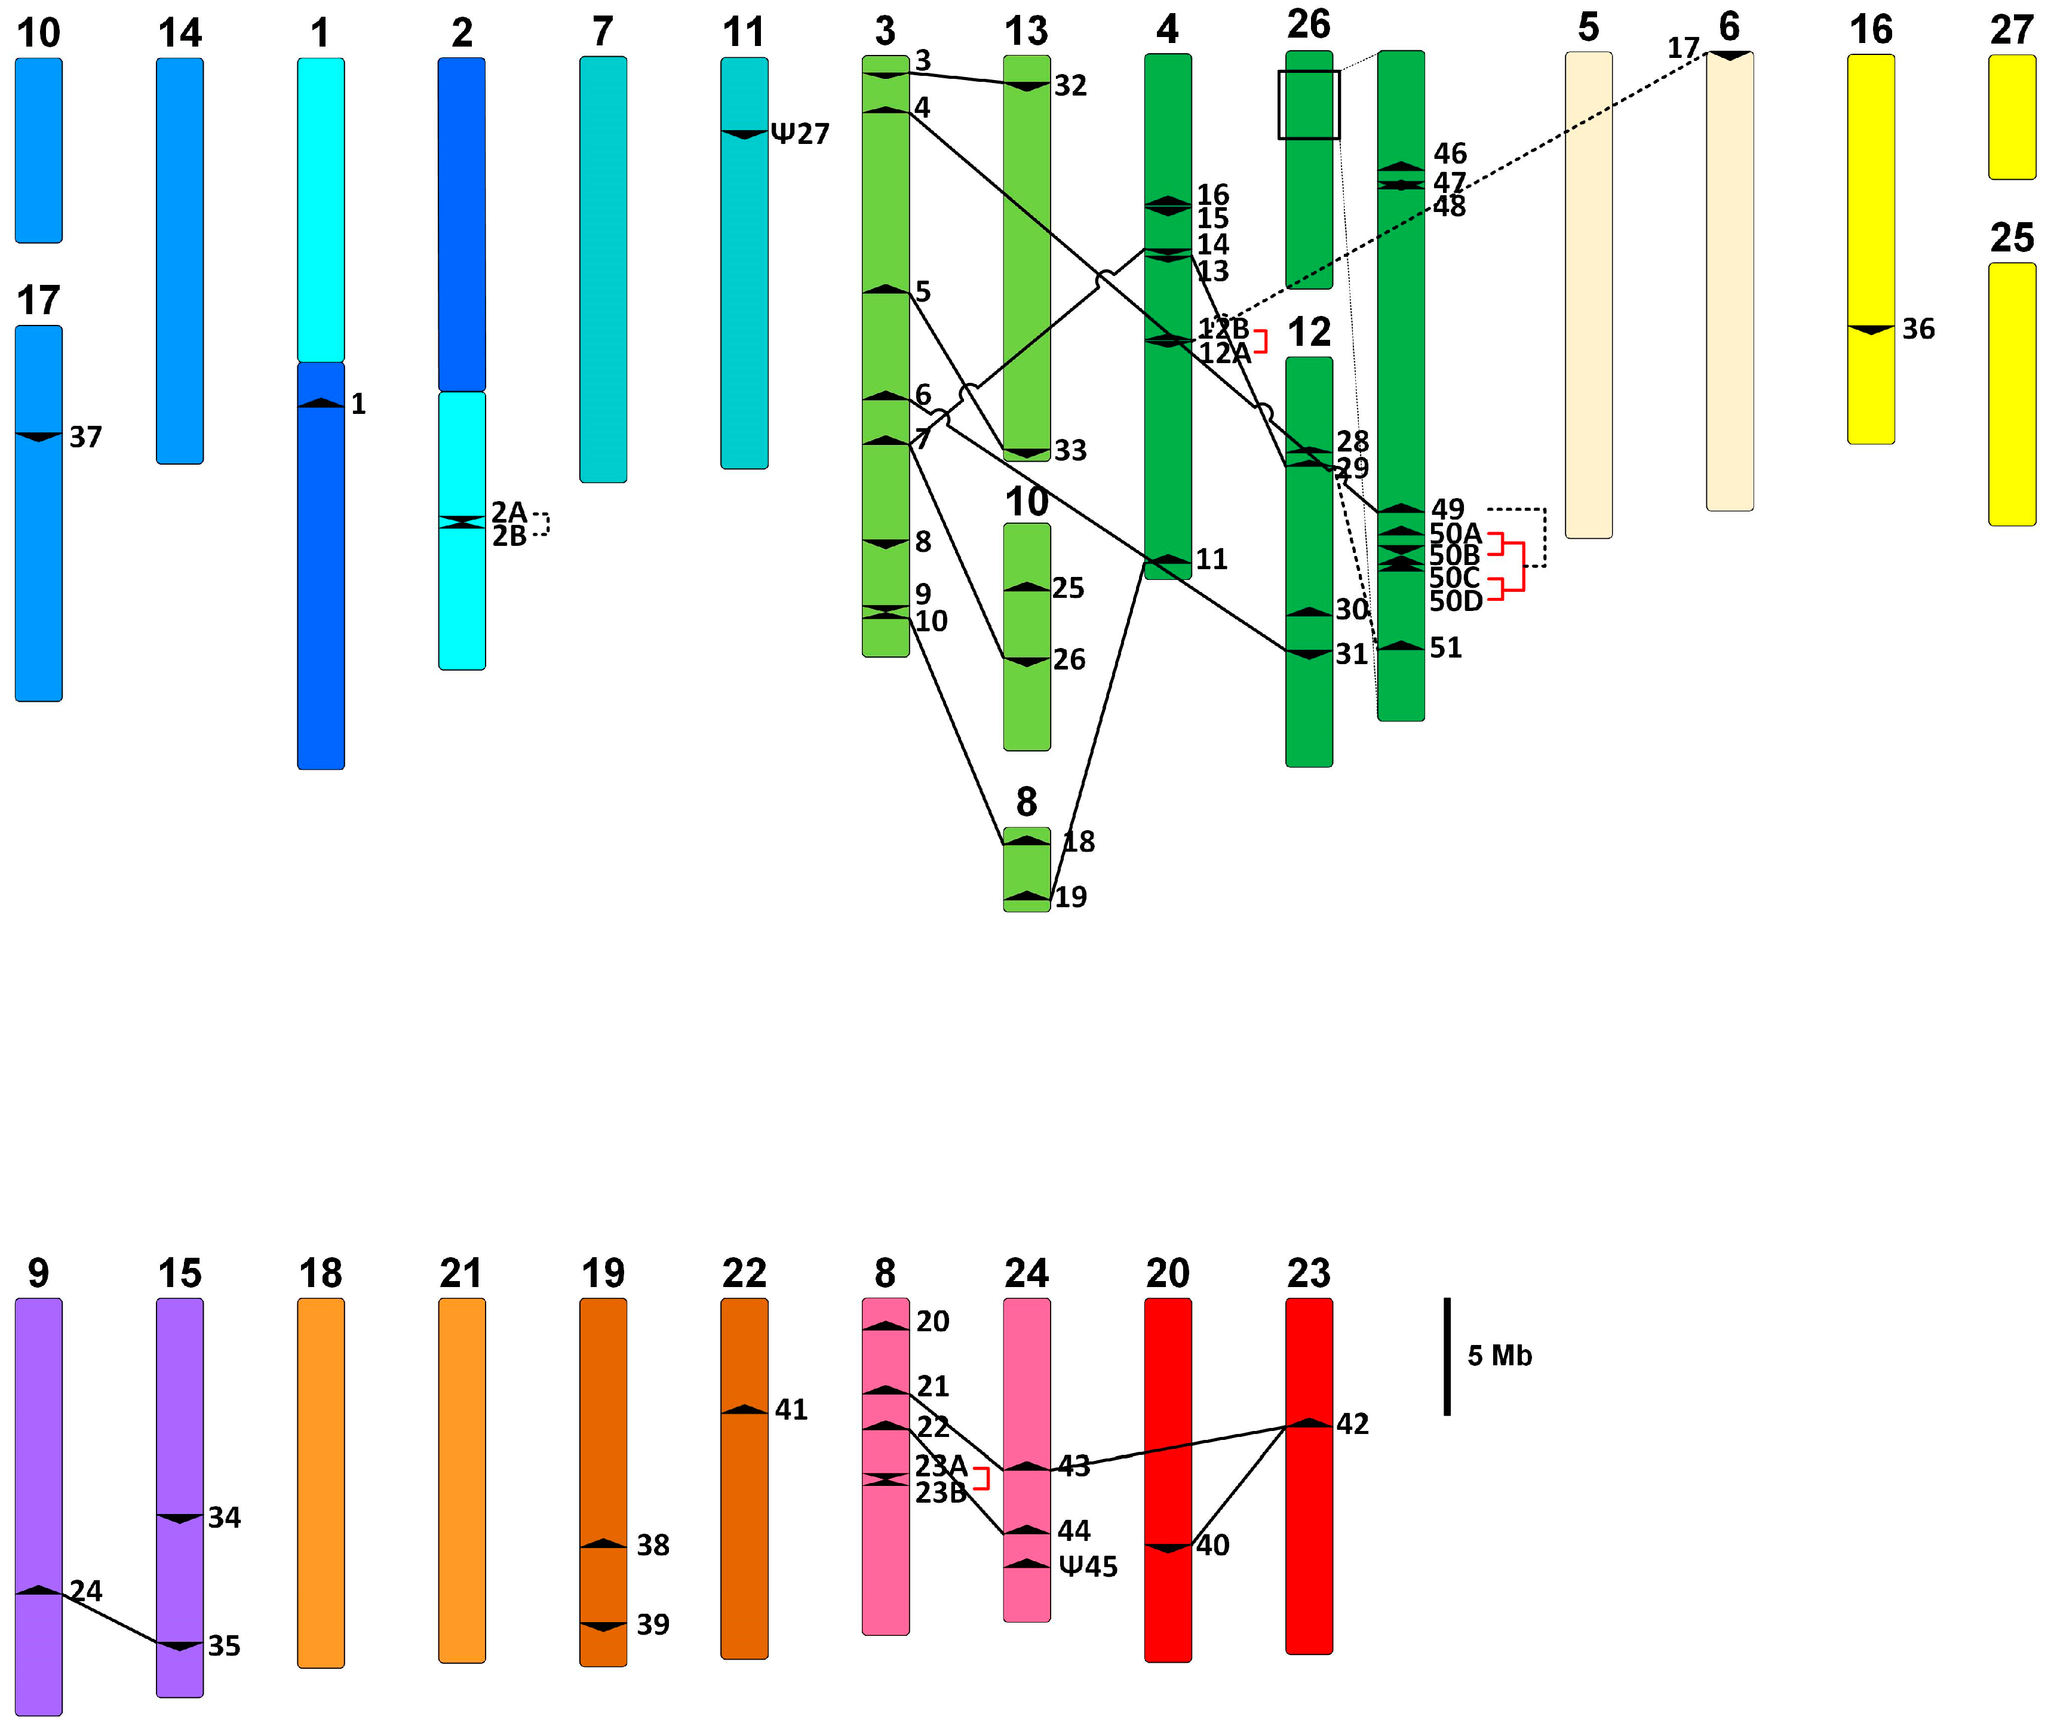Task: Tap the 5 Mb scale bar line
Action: pyautogui.click(x=1446, y=1356)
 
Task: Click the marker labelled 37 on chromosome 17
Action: pyautogui.click(x=38, y=436)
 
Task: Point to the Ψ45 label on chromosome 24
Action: pyautogui.click(x=1088, y=1566)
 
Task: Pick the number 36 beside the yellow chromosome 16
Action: pyautogui.click(x=1918, y=329)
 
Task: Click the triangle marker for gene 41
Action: pyautogui.click(x=744, y=1410)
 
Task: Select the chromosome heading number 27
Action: pyautogui.click(x=2011, y=30)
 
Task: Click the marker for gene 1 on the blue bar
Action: pyautogui.click(x=321, y=403)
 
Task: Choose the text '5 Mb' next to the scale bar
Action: pyautogui.click(x=1499, y=1356)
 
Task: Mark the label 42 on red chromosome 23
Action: pyautogui.click(x=1352, y=1424)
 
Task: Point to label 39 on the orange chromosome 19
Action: pyautogui.click(x=653, y=1624)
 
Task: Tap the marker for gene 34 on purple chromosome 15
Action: pyautogui.click(x=180, y=1518)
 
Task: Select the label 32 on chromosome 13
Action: pyautogui.click(x=1070, y=85)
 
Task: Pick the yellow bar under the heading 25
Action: pyautogui.click(x=2011, y=394)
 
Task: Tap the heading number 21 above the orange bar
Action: pyautogui.click(x=460, y=1273)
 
